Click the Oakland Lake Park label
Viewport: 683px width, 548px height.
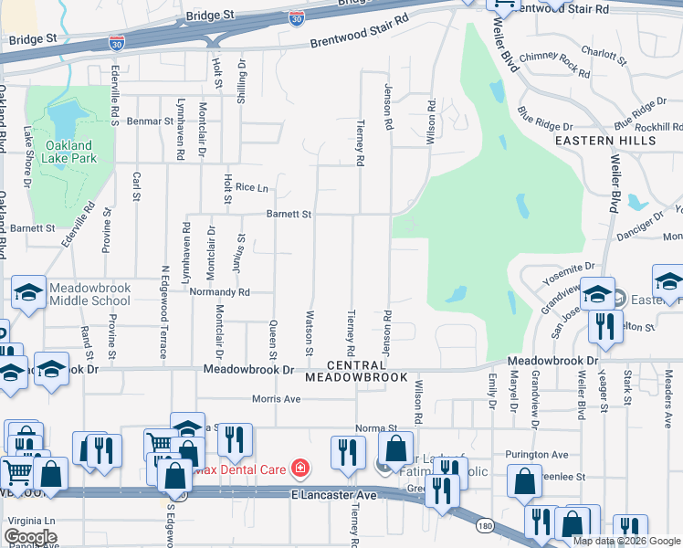[x=69, y=151]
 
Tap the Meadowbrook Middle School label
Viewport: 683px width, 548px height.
[x=90, y=294]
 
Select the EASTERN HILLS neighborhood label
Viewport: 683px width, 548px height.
[x=605, y=141]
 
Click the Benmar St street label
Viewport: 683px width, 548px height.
[x=151, y=121]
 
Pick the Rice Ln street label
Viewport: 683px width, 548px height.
[x=251, y=188]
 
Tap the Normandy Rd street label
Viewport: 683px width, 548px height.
[x=220, y=292]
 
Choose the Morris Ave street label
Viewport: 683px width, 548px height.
[x=276, y=399]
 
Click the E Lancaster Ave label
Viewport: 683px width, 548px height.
[x=334, y=494]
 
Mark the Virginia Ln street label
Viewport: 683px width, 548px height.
[x=29, y=519]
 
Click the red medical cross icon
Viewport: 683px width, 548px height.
[x=299, y=469]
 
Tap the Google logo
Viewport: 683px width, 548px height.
[x=30, y=537]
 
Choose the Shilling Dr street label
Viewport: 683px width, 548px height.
[x=242, y=81]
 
